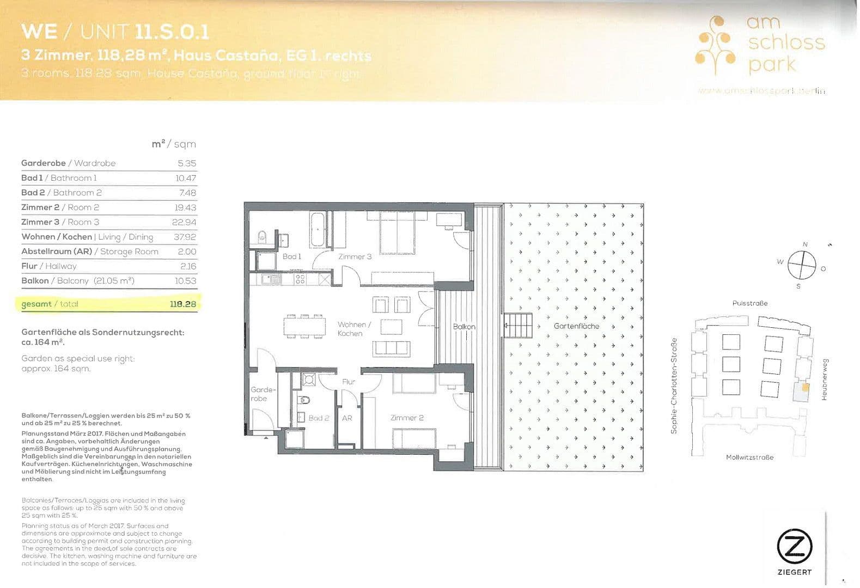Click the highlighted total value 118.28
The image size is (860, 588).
tap(182, 304)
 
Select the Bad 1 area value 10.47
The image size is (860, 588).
tap(186, 178)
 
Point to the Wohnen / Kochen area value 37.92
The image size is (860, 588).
tap(185, 237)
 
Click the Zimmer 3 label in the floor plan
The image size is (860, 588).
tap(355, 256)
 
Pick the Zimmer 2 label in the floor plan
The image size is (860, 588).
tap(407, 418)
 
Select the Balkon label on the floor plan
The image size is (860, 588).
tap(464, 327)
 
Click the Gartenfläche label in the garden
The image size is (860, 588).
tap(576, 326)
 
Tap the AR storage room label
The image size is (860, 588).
tap(347, 418)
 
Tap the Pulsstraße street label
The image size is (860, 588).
tap(750, 303)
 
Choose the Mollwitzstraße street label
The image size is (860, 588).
tap(749, 457)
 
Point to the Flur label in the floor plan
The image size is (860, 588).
tap(349, 382)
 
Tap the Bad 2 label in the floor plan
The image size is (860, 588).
tap(319, 418)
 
